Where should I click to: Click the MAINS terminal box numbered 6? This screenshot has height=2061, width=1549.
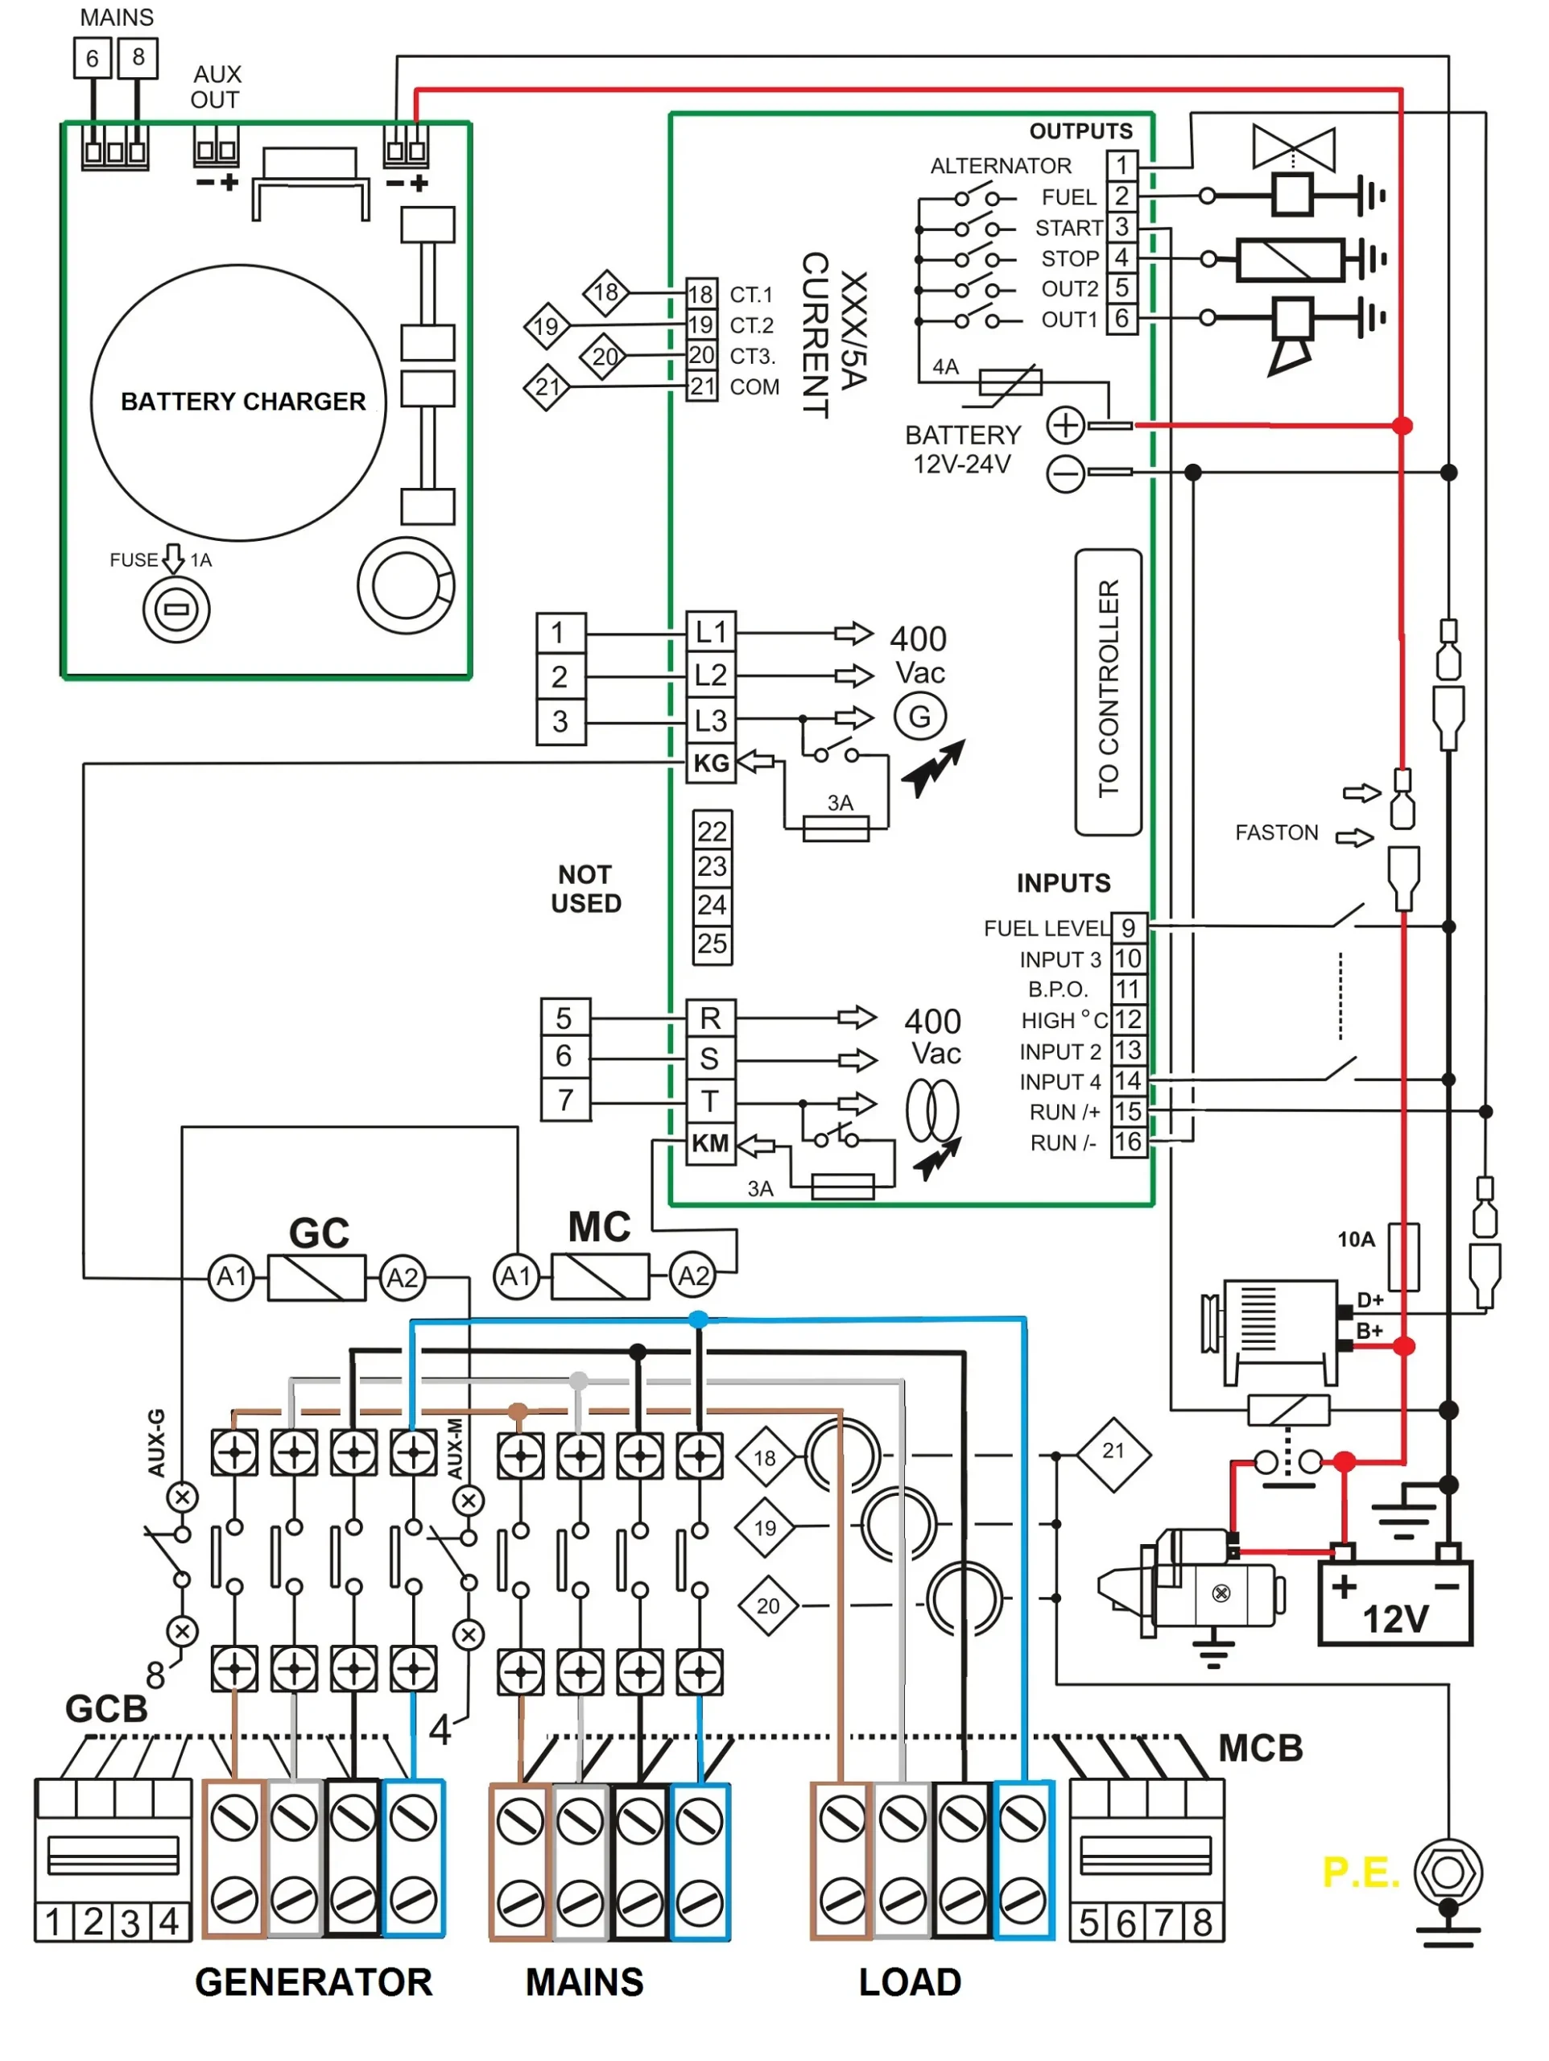[93, 58]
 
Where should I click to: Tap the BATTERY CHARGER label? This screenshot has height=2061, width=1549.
[242, 402]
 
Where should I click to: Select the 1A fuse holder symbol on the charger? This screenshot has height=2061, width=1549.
[176, 610]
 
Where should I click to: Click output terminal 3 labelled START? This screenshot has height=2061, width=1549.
[1121, 227]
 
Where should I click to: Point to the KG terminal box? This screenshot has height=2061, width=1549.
[710, 763]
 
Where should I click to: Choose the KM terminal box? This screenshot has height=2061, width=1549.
[710, 1143]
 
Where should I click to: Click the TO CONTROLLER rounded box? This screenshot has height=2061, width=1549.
[1108, 692]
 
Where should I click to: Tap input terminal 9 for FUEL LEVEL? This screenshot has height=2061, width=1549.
[1128, 928]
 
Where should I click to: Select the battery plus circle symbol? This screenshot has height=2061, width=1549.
[1064, 426]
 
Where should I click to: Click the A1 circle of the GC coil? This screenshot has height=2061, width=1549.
[231, 1277]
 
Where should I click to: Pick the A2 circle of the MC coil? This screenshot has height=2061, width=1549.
[692, 1275]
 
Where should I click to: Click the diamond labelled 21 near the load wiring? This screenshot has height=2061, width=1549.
[1113, 1455]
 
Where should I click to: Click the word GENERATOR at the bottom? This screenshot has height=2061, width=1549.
[313, 1982]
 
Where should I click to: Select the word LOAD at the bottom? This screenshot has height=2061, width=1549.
[910, 1982]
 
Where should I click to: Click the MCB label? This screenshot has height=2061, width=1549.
[1260, 1749]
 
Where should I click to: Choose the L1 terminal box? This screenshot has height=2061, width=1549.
[710, 633]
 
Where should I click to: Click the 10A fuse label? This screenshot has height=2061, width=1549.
[1355, 1239]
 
